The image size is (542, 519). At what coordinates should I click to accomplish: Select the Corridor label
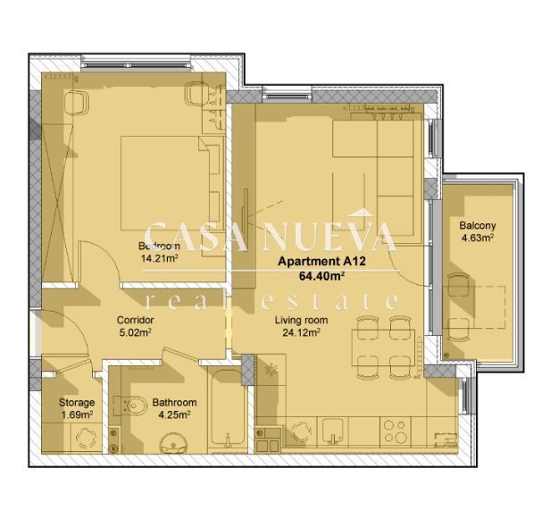tap(136, 320)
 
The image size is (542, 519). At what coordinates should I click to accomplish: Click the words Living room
tap(300, 320)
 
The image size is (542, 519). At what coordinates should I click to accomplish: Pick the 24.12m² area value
tap(300, 332)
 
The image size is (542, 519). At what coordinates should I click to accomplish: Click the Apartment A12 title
tap(312, 261)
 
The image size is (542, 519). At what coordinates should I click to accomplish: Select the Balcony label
tap(478, 226)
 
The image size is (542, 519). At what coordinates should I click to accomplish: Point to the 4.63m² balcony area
tap(478, 239)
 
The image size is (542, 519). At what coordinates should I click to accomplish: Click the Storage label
tap(77, 403)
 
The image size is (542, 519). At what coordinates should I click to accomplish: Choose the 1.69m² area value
tap(77, 414)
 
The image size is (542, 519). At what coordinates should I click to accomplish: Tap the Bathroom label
tap(174, 403)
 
